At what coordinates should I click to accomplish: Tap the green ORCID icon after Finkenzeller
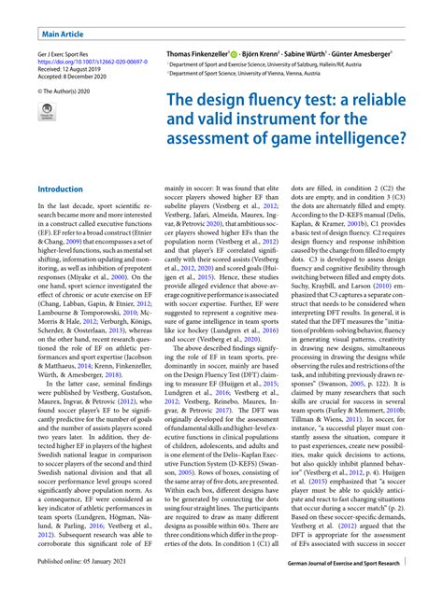point(247,55)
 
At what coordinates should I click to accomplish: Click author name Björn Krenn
point(277,55)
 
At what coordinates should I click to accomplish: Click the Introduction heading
point(60,189)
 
